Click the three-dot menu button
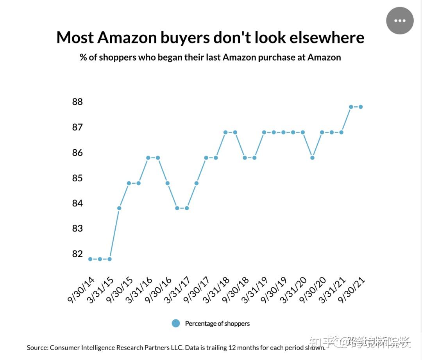(400, 21)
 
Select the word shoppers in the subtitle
(117, 57)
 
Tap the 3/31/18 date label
(216, 290)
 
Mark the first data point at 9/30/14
(90, 259)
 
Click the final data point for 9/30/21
(361, 107)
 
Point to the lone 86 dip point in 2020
(312, 158)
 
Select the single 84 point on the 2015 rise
(119, 208)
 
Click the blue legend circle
(176, 323)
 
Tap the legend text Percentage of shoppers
(217, 324)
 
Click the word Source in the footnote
(37, 347)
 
